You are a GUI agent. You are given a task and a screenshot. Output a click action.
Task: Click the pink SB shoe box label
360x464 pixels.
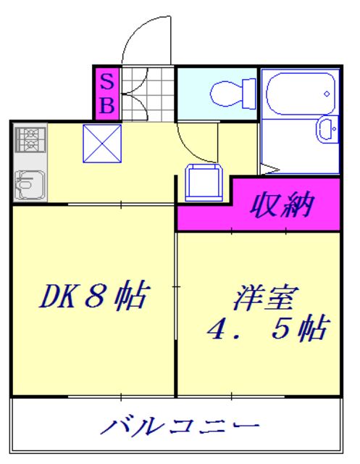pyautogui.click(x=106, y=93)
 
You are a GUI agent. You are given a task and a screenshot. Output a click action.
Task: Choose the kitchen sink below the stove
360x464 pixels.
pyautogui.click(x=29, y=181)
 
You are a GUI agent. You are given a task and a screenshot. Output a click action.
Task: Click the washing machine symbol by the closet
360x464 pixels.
pyautogui.click(x=202, y=181)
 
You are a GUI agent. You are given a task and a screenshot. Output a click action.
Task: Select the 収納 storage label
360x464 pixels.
pyautogui.click(x=282, y=205)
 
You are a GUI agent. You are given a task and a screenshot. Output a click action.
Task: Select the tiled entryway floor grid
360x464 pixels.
pyautogui.click(x=148, y=93)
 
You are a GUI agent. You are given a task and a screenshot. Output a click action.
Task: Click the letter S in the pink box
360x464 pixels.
pyautogui.click(x=106, y=80)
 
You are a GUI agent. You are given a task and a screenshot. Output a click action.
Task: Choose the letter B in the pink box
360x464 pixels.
pyautogui.click(x=106, y=105)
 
